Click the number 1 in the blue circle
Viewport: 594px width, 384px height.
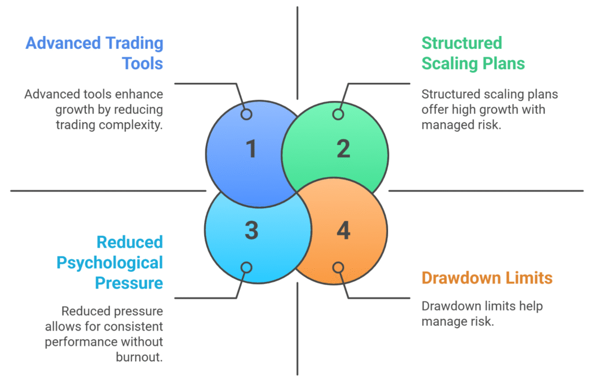pos(251,149)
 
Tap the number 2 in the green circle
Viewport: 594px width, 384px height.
pos(343,149)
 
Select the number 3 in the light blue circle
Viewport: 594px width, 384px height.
pos(251,231)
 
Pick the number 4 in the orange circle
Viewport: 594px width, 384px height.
pos(343,231)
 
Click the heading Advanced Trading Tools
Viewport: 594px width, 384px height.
pos(95,53)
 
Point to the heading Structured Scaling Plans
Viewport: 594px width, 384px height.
pos(473,53)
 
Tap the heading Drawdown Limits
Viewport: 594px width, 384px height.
pos(487,278)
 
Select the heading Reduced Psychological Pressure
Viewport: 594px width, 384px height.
pos(110,263)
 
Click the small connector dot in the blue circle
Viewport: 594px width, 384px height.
pos(247,114)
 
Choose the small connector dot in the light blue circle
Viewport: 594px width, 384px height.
pos(247,267)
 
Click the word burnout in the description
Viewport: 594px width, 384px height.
pos(139,357)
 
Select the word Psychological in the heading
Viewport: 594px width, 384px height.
pos(110,263)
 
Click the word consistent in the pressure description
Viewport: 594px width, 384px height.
pos(135,326)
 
